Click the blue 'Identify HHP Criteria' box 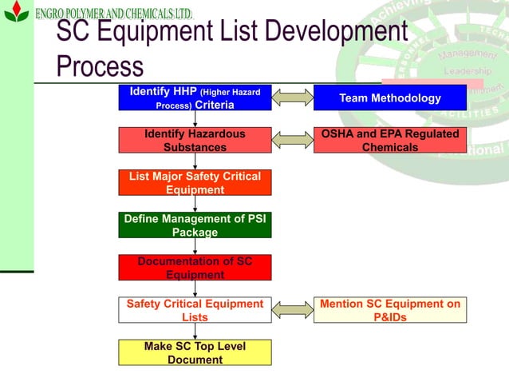point(195,98)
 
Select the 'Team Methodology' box point(389,98)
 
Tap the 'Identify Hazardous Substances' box point(195,141)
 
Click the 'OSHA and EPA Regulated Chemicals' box point(389,141)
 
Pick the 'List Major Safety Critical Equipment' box point(195,183)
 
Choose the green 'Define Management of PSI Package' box point(195,225)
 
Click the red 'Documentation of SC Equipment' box point(195,268)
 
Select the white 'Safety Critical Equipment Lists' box point(195,310)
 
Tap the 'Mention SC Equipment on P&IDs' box point(389,310)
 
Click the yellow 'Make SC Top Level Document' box point(195,352)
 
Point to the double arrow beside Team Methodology point(293,98)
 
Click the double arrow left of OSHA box point(293,140)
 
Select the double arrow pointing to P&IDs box point(293,310)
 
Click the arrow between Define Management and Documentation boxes point(195,246)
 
